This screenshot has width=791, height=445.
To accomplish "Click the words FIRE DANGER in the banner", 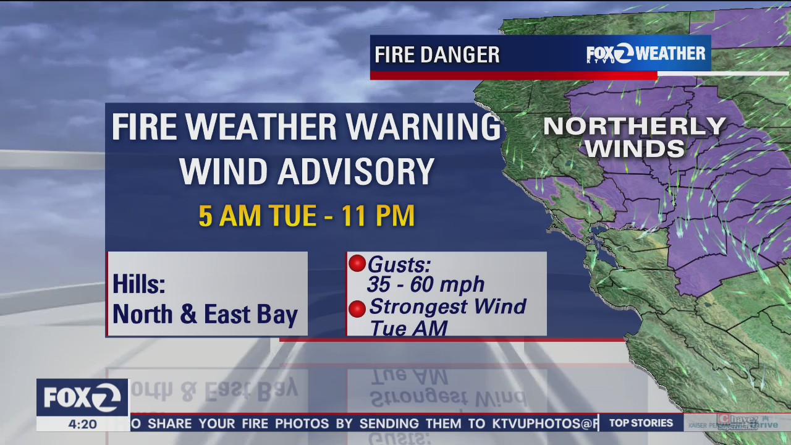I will [437, 55].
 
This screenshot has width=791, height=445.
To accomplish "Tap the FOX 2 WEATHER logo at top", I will [646, 54].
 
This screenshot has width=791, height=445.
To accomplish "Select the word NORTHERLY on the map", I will [634, 127].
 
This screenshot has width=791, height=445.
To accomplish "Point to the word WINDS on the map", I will [635, 149].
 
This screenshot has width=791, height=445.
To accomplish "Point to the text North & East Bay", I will [205, 315].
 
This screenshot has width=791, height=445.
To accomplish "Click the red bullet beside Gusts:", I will [357, 264].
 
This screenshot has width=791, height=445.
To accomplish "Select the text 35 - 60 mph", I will [425, 284].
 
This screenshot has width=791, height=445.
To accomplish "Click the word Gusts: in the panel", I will [399, 265].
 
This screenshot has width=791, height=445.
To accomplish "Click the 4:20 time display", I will [82, 424].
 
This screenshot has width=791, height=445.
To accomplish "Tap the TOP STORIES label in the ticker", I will [641, 423].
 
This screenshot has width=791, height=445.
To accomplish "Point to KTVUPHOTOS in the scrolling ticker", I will [537, 423].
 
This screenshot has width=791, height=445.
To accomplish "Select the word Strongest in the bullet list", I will [408, 307].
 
